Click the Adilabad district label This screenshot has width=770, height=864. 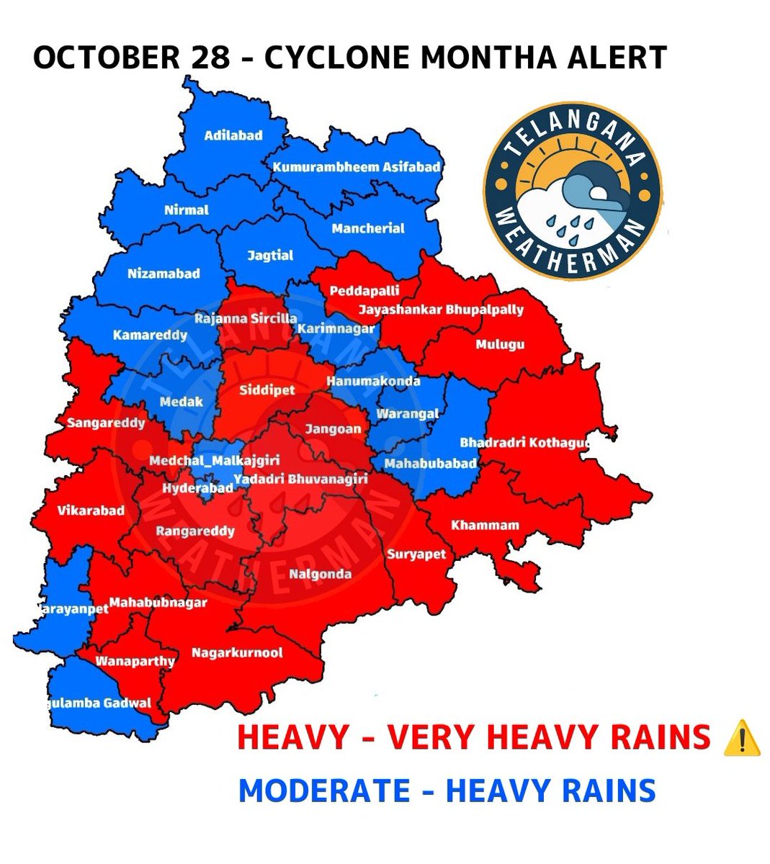[x=233, y=135]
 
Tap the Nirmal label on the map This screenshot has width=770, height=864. [x=186, y=210]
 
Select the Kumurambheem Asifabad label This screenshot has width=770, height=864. [x=356, y=167]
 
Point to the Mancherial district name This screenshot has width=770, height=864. [x=368, y=228]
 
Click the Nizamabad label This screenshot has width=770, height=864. [x=164, y=274]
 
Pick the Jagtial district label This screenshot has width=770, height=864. [x=270, y=255]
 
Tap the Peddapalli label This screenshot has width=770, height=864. [x=364, y=291]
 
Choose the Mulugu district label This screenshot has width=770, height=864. [x=500, y=345]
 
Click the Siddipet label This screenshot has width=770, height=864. [x=267, y=391]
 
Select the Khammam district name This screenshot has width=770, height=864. [x=485, y=525]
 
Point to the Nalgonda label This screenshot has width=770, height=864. [x=320, y=574]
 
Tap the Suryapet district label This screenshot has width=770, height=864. [x=416, y=554]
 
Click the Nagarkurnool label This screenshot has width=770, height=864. [x=237, y=653]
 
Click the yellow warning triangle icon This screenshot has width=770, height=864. [x=740, y=739]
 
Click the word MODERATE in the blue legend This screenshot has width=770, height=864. [x=324, y=791]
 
